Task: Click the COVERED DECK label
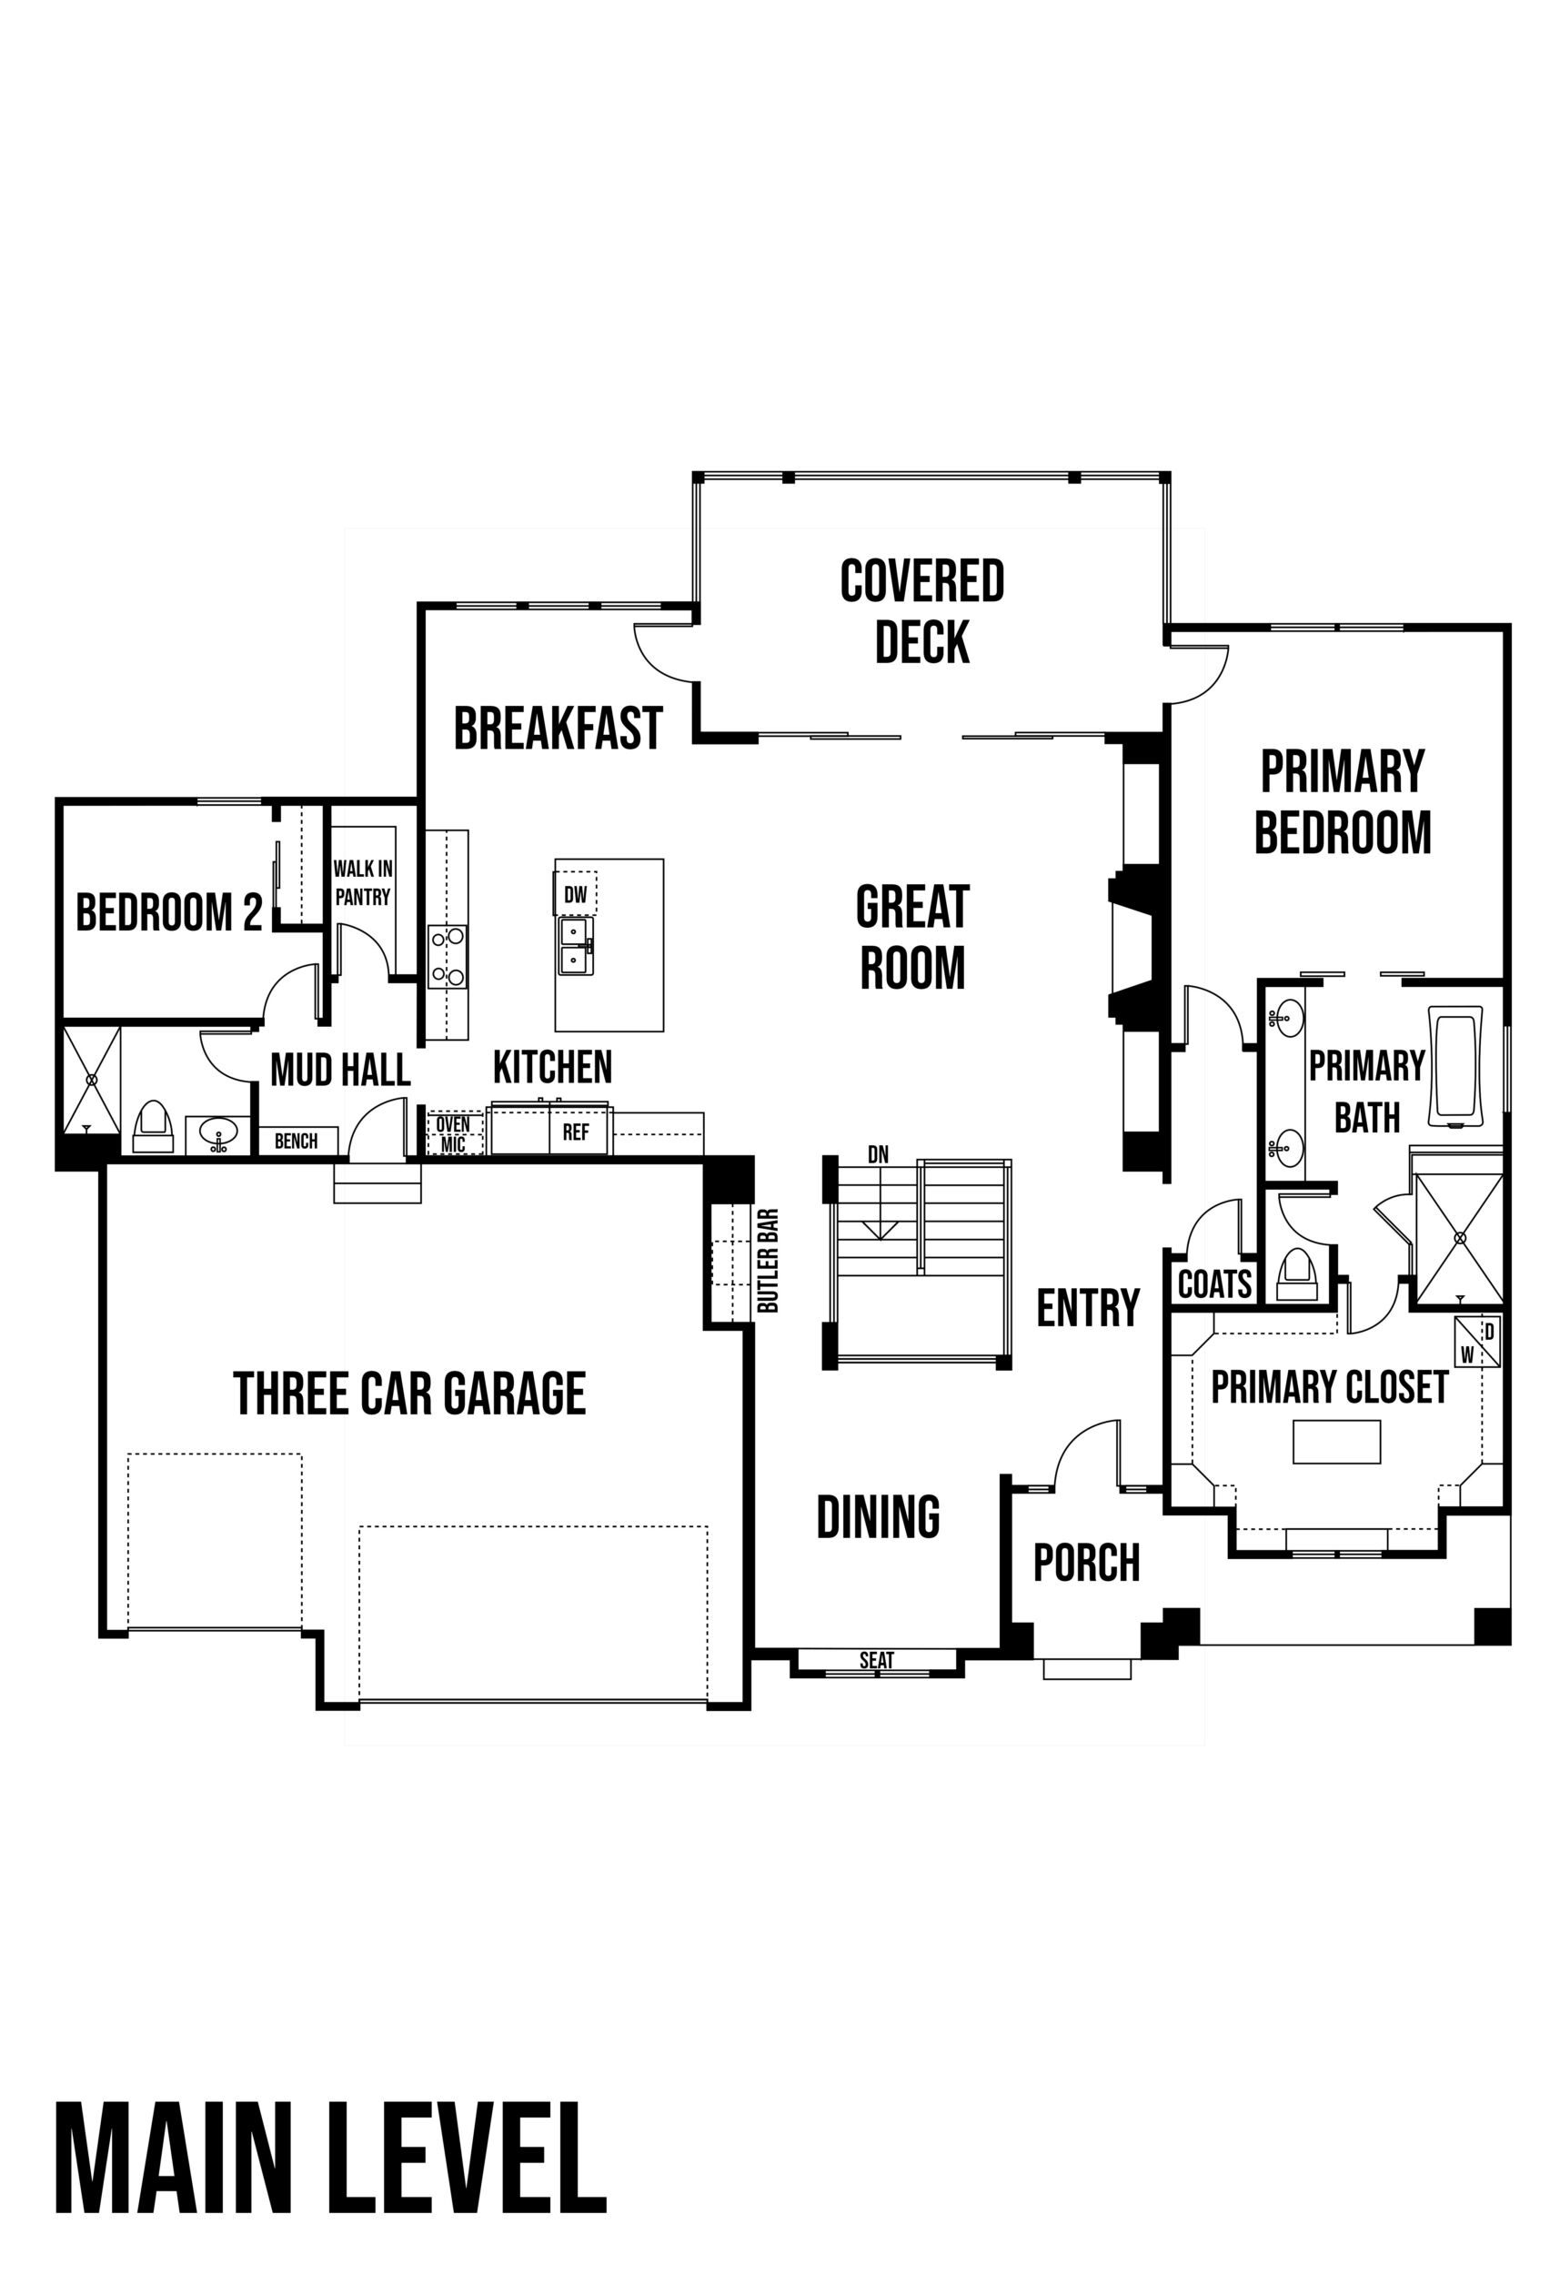click(x=921, y=611)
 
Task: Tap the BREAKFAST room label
click(x=558, y=729)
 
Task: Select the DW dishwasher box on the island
click(x=576, y=893)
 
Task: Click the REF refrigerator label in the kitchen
click(x=576, y=1132)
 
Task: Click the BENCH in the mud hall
click(x=297, y=1141)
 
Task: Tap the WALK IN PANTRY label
click(x=362, y=882)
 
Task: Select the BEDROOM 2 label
click(x=169, y=912)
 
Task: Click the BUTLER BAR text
click(x=768, y=1262)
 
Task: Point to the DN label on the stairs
click(x=878, y=1154)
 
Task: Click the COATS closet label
click(x=1214, y=1283)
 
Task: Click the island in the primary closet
click(x=1336, y=1442)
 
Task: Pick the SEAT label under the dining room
click(x=877, y=1659)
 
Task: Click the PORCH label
click(x=1087, y=1563)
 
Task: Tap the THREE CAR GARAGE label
click(x=409, y=1393)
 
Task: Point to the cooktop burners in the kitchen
click(x=448, y=956)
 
